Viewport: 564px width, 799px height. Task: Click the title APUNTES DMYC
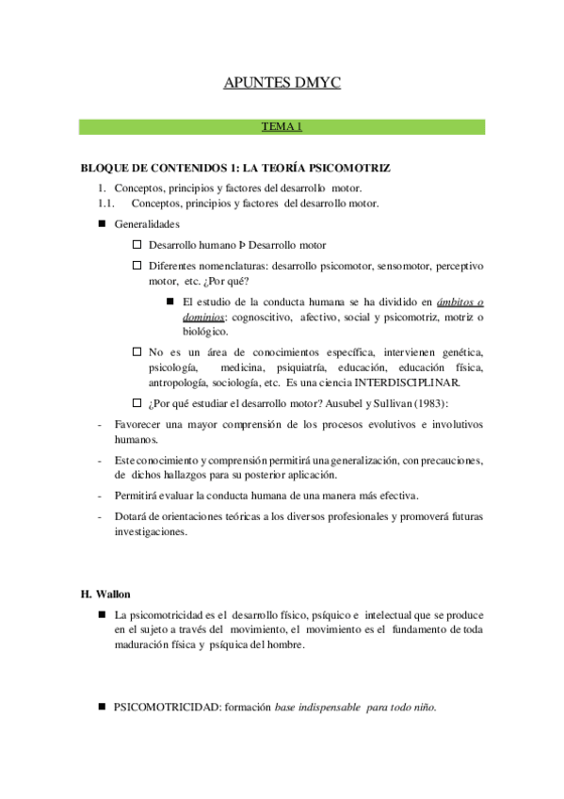282,84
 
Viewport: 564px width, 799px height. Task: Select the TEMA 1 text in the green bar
282,125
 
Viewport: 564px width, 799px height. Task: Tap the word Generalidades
146,224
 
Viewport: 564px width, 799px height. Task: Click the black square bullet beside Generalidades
103,224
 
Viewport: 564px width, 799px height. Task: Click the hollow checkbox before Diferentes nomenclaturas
137,266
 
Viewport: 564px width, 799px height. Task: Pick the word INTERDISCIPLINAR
410,383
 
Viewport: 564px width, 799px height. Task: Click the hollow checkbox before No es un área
137,351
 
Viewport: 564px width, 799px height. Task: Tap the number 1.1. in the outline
105,203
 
